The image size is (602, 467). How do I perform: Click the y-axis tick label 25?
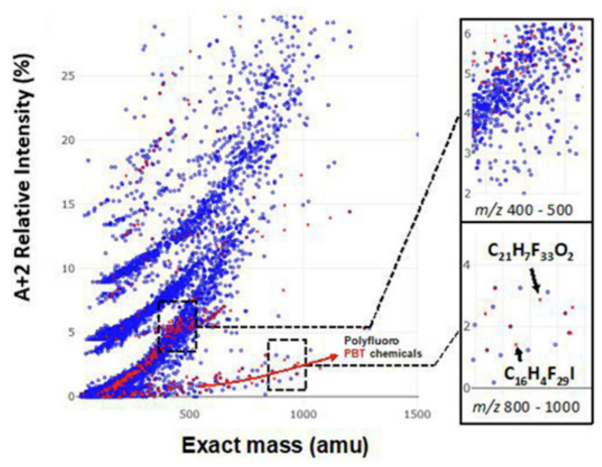68,76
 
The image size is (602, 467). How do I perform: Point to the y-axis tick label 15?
68,204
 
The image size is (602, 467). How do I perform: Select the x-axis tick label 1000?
303,414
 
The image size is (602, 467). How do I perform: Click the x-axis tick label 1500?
417,414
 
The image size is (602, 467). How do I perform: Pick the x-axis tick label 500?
190,414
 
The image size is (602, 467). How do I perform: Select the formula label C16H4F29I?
539,374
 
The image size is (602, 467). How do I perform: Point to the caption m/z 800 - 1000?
526,407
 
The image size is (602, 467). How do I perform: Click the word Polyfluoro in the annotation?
371,341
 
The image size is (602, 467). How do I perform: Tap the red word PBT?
354,353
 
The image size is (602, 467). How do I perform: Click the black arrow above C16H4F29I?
518,354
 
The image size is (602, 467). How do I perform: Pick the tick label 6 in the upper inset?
468,34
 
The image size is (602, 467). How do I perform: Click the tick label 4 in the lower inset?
467,264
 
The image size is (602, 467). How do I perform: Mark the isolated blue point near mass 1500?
417,134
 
